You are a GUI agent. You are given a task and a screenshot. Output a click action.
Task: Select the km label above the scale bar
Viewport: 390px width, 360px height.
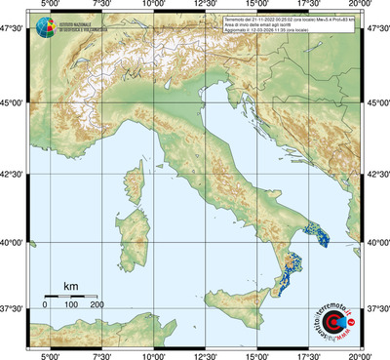(70, 286)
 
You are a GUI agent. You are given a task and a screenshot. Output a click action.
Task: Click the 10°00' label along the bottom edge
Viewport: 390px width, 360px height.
(152, 354)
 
